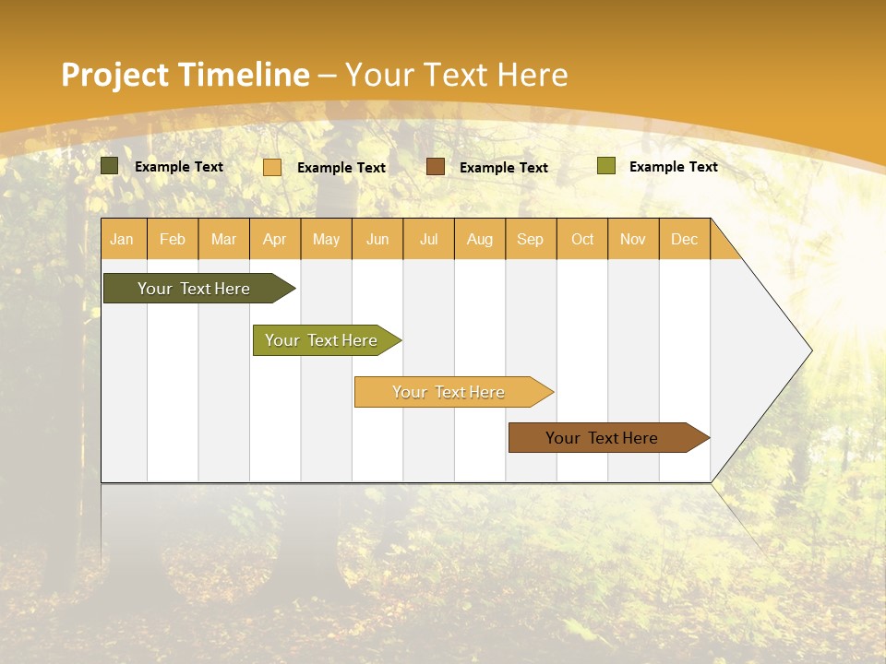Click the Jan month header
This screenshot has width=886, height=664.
click(122, 239)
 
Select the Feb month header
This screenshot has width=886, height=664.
click(173, 239)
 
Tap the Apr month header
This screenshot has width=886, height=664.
click(274, 239)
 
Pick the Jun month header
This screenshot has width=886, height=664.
click(377, 239)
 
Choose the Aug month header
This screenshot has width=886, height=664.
click(479, 239)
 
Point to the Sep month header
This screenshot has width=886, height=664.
click(530, 239)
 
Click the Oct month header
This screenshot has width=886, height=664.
click(582, 239)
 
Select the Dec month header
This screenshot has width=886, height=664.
click(684, 239)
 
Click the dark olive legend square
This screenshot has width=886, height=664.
click(110, 166)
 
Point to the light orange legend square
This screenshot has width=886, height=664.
click(272, 167)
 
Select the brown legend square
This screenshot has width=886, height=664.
click(436, 167)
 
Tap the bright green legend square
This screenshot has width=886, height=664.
click(605, 166)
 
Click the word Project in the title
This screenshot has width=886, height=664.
click(114, 75)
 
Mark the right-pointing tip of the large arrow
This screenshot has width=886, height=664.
click(810, 350)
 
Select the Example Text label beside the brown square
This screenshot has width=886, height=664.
click(503, 168)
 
